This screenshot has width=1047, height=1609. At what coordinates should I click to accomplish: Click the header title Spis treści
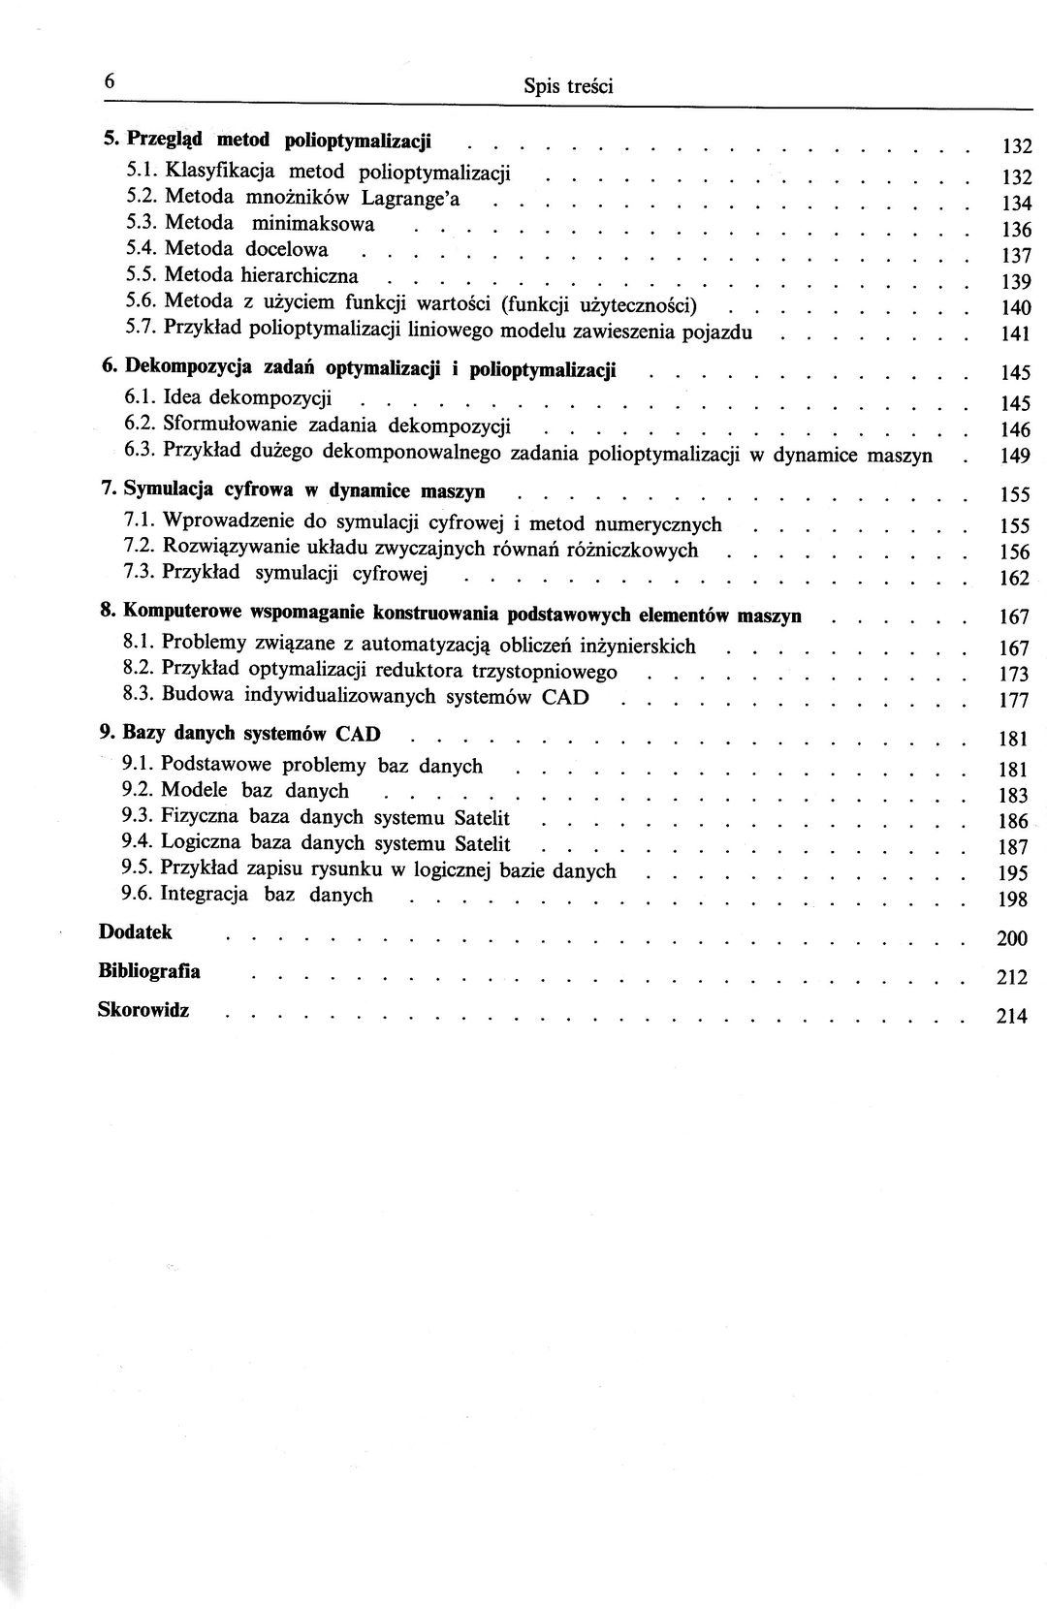(568, 86)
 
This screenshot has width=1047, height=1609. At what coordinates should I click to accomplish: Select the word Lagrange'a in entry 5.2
(411, 199)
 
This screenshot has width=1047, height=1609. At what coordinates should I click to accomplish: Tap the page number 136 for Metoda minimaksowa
(1015, 231)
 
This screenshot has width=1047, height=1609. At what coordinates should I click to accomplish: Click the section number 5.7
(141, 328)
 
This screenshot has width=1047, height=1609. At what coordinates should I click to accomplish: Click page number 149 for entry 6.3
(1015, 456)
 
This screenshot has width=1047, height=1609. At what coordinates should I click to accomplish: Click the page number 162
(1014, 580)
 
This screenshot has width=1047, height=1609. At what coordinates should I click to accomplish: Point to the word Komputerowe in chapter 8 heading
(179, 614)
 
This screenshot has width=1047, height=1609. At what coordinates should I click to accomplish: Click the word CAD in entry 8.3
(565, 697)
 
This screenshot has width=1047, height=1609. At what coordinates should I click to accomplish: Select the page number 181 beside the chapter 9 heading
(1012, 740)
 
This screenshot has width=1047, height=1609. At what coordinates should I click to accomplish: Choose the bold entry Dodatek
(135, 932)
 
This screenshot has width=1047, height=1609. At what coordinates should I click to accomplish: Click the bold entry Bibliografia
(149, 971)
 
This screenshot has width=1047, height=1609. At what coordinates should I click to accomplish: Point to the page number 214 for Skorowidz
(1011, 1017)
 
